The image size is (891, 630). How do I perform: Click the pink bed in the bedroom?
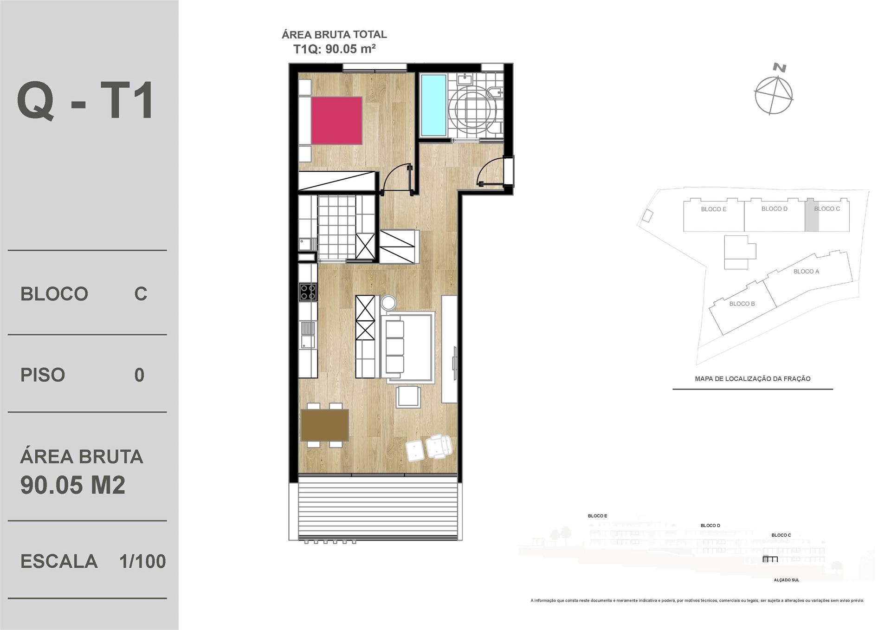[x=336, y=120]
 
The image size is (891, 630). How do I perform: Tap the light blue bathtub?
[x=433, y=105]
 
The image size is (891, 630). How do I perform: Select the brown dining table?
[x=325, y=425]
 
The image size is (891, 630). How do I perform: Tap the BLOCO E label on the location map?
[x=714, y=209]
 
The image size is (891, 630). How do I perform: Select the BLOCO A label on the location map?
[x=807, y=272]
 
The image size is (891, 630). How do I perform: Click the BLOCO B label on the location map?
[x=742, y=304]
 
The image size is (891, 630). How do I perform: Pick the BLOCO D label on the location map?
[x=775, y=209]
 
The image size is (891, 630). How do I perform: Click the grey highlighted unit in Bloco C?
[x=812, y=216]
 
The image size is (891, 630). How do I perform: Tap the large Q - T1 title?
[x=85, y=102]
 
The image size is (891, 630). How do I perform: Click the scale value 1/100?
[x=142, y=562]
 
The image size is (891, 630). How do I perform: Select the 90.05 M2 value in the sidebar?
[x=73, y=486]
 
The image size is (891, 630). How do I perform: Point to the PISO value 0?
[x=139, y=375]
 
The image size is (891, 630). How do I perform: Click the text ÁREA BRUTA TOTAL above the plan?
[x=334, y=34]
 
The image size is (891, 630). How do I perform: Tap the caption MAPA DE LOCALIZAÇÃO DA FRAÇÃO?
[x=753, y=379]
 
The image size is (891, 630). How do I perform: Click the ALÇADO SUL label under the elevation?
[x=787, y=580]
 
